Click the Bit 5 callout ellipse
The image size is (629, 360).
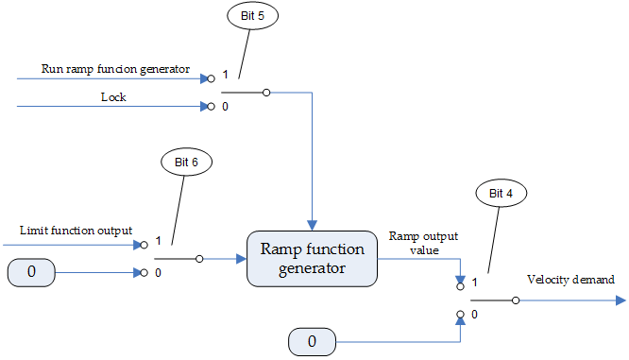click(252, 17)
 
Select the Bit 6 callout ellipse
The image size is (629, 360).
click(186, 162)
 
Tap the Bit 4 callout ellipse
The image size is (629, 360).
click(501, 194)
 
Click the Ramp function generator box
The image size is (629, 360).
click(312, 259)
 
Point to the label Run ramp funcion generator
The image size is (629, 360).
click(116, 69)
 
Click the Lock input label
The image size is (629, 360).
click(113, 96)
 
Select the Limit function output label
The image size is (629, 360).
click(76, 231)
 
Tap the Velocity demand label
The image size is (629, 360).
click(570, 280)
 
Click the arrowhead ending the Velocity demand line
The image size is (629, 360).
click(620, 300)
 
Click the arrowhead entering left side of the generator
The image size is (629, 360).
click(240, 258)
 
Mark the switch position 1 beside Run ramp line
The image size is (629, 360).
click(224, 74)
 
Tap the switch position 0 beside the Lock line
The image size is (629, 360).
click(224, 106)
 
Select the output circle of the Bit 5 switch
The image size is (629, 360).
click(266, 93)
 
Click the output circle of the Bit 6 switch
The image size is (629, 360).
click(199, 258)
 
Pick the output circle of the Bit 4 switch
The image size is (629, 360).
click(515, 300)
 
